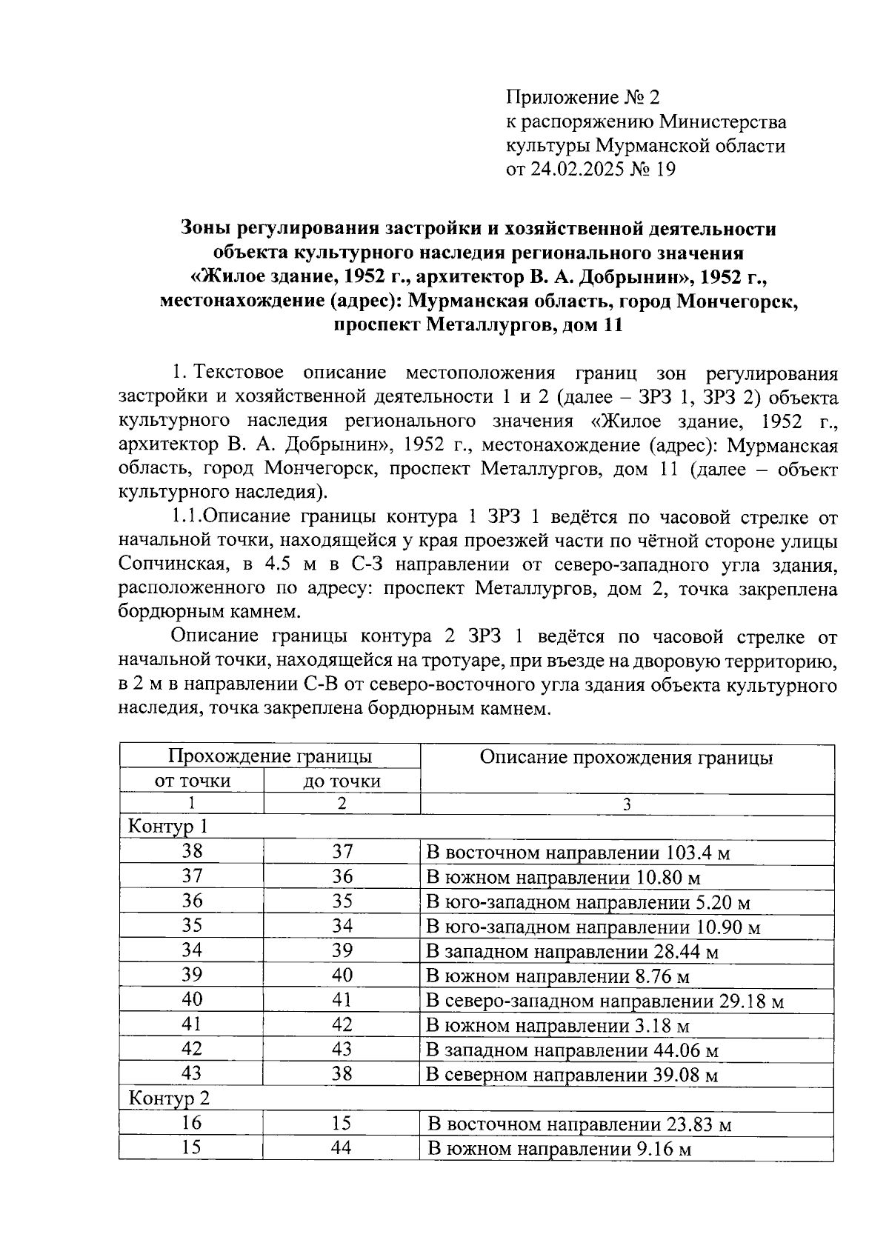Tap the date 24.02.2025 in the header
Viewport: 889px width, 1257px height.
575,170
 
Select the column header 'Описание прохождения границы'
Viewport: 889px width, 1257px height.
627,757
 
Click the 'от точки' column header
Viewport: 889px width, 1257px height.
192,781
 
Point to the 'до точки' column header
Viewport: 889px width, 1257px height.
342,781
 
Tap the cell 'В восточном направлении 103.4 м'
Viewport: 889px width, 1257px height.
578,853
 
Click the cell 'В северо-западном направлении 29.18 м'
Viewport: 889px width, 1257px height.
605,1001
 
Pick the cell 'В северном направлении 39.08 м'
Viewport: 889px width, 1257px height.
572,1074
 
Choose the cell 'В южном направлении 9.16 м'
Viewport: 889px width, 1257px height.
559,1150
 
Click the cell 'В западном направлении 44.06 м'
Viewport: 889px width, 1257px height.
572,1050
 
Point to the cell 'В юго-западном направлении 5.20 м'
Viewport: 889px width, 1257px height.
588,903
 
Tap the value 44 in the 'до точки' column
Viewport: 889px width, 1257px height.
342,1148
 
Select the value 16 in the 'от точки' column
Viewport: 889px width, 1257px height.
192,1123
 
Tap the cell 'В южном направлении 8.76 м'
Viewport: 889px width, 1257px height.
558,977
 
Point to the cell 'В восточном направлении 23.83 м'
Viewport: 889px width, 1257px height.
579,1125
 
